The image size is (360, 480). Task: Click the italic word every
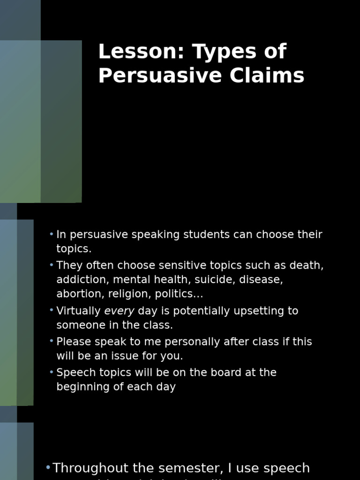click(119, 311)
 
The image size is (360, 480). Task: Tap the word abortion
click(76, 294)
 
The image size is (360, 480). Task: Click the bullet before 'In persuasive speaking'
click(52, 234)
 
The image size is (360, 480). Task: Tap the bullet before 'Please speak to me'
click(52, 341)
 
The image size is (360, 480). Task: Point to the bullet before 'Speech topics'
click(52, 372)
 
